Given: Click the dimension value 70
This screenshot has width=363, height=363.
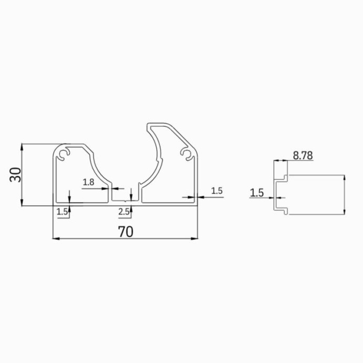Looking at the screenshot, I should (125, 232).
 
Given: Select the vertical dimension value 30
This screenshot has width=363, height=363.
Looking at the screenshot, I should (16, 174).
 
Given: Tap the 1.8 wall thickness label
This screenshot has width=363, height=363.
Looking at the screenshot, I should (88, 182).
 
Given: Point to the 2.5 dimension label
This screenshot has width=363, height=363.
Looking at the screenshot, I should (124, 212).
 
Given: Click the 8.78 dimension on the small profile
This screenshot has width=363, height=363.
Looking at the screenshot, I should (303, 155).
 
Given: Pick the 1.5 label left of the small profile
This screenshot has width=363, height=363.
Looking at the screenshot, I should (257, 193).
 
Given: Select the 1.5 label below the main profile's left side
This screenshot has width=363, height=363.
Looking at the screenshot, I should (62, 212).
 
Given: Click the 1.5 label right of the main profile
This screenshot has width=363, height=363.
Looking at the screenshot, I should (217, 191).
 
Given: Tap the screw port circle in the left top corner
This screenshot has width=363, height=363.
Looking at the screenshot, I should (64, 154).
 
